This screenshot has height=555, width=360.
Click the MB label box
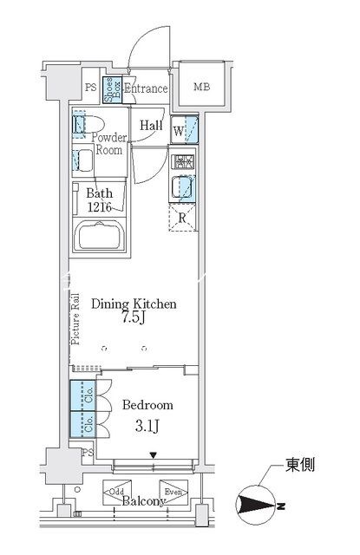tap(201, 87)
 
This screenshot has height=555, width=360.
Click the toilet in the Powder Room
tap(81, 127)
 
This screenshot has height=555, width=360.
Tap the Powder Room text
tap(108, 143)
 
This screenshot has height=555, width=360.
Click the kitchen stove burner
tap(184, 162)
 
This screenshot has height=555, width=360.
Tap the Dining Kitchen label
tap(136, 304)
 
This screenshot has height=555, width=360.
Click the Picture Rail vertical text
tap(76, 318)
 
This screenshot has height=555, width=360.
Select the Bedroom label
tap(147, 405)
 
